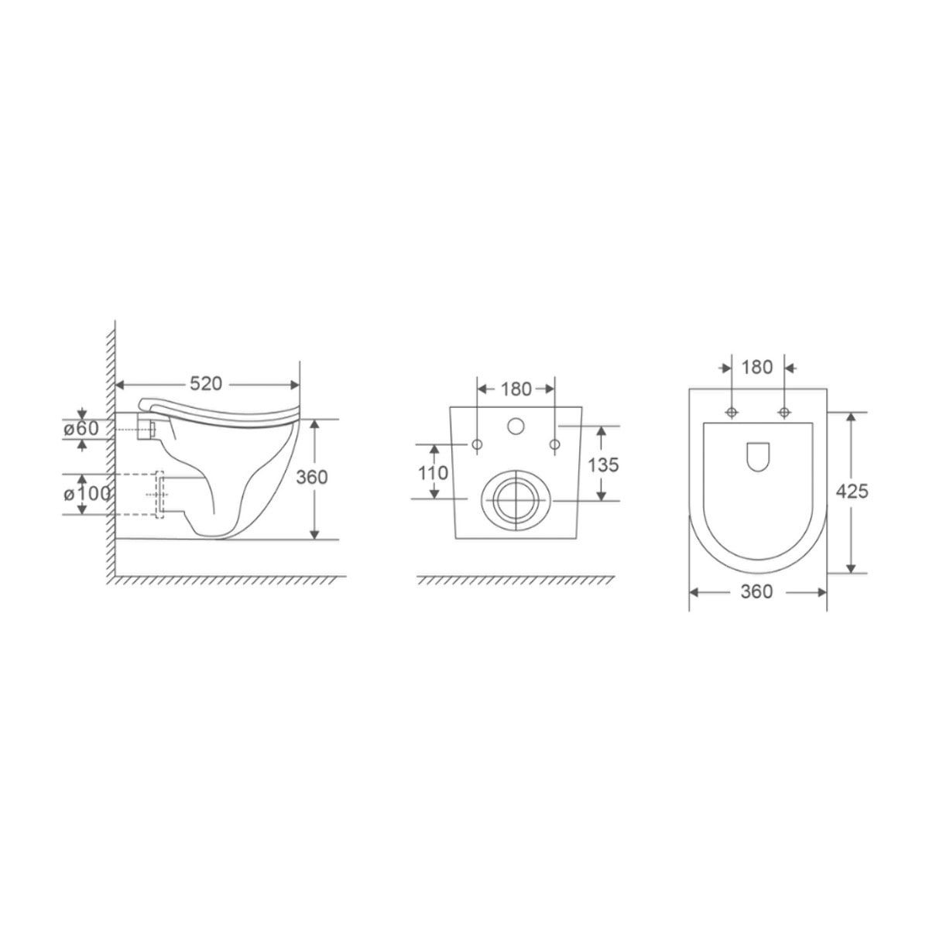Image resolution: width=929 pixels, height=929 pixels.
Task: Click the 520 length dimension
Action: click(206, 384)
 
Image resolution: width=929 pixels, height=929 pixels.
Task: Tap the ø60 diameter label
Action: click(81, 428)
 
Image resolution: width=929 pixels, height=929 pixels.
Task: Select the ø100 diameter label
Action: click(86, 493)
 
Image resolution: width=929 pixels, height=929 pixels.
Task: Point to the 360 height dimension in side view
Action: click(313, 477)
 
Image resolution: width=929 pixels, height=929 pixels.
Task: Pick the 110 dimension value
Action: click(434, 472)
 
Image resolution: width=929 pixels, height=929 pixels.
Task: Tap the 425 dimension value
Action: click(852, 491)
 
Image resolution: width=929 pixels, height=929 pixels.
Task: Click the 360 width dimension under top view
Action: click(756, 592)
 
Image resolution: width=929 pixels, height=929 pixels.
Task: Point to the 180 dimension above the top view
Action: click(757, 367)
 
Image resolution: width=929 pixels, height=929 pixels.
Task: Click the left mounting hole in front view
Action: click(478, 444)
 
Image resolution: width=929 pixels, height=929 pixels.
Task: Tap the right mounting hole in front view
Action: click(554, 444)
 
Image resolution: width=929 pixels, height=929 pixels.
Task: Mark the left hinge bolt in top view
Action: click(731, 410)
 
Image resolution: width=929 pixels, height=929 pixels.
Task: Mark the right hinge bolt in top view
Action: click(784, 410)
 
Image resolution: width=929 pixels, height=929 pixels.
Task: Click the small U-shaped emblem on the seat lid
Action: click(757, 456)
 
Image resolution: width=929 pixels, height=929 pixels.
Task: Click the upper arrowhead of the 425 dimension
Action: click(852, 417)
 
